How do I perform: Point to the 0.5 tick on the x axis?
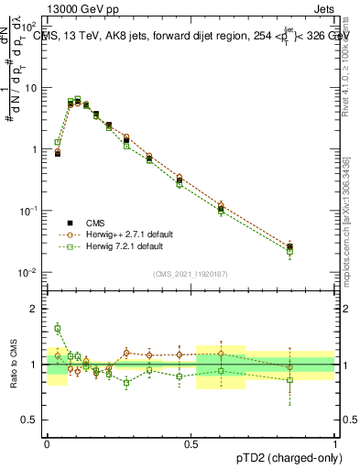click(191, 442)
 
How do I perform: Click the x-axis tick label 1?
click(335, 442)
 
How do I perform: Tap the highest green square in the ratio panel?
click(58, 328)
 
